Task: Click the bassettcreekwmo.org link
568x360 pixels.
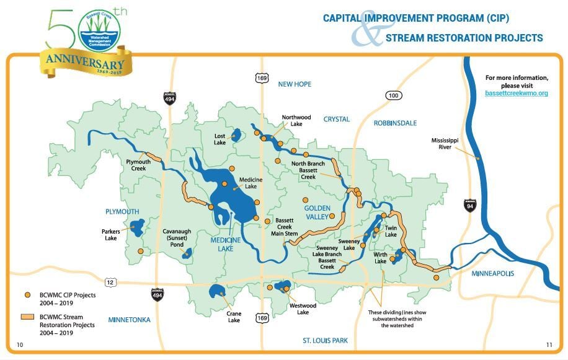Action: coord(517,93)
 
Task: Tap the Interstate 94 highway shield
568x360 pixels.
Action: coord(470,205)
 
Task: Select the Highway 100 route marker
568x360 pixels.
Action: coord(393,95)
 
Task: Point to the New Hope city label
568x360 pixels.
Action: coord(295,84)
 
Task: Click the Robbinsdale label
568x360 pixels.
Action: coord(395,123)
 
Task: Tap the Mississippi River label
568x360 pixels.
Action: coord(445,144)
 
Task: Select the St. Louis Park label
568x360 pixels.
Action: coord(325,340)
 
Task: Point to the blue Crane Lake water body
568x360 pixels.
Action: coord(217,291)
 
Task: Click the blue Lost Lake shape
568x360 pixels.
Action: coord(236,135)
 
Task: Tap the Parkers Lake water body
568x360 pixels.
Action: coord(136,227)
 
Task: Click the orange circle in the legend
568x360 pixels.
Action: coord(28,295)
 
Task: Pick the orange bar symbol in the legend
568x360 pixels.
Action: coord(29,317)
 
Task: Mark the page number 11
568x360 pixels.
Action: coord(549,345)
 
